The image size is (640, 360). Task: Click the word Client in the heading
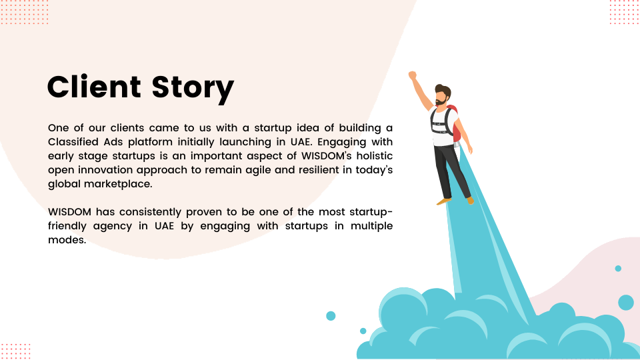coord(94,87)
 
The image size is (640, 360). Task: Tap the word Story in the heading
coord(193,89)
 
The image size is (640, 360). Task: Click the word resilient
coord(319,169)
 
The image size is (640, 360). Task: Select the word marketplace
coord(118,184)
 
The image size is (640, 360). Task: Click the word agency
coord(112,227)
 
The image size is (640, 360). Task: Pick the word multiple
coord(371,226)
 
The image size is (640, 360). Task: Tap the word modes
coord(67,239)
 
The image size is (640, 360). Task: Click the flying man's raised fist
coord(413,75)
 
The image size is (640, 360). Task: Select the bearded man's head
coord(443,95)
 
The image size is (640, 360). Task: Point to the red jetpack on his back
coord(455,123)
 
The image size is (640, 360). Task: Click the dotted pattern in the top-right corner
coord(625,12)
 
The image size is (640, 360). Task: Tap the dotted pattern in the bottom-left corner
coord(15,351)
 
